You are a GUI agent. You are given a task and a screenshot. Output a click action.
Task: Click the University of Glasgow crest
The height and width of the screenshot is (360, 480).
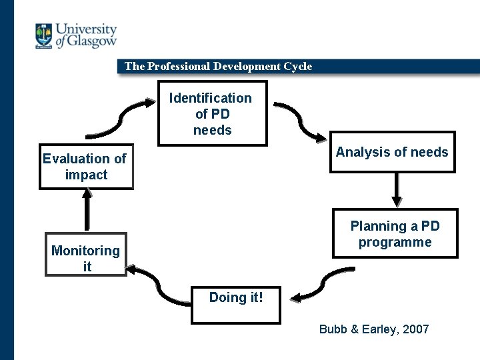coord(44,36)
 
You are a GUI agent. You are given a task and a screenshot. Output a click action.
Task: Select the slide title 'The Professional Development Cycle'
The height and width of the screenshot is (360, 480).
coord(218,66)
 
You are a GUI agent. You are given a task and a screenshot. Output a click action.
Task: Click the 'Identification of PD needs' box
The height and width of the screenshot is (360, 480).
coord(211,113)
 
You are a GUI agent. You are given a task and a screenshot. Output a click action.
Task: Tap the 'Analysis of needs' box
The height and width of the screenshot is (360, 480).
coord(392,152)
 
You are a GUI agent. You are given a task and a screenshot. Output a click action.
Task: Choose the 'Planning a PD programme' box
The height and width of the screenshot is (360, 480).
coord(395,234)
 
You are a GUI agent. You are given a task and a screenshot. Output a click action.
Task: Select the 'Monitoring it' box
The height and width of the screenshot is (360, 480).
coord(85,258)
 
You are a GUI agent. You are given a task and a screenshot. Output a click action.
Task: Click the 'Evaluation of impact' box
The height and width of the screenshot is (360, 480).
coord(85,167)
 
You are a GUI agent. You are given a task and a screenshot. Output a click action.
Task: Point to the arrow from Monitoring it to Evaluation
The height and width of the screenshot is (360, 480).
coord(87,210)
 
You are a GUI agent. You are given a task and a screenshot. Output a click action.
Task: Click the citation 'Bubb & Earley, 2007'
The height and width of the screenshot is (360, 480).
coord(373,329)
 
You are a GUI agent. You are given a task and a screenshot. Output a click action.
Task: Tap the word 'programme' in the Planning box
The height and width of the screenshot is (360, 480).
coord(395,242)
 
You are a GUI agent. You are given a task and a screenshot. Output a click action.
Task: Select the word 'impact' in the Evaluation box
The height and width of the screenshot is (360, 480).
coord(86,175)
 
